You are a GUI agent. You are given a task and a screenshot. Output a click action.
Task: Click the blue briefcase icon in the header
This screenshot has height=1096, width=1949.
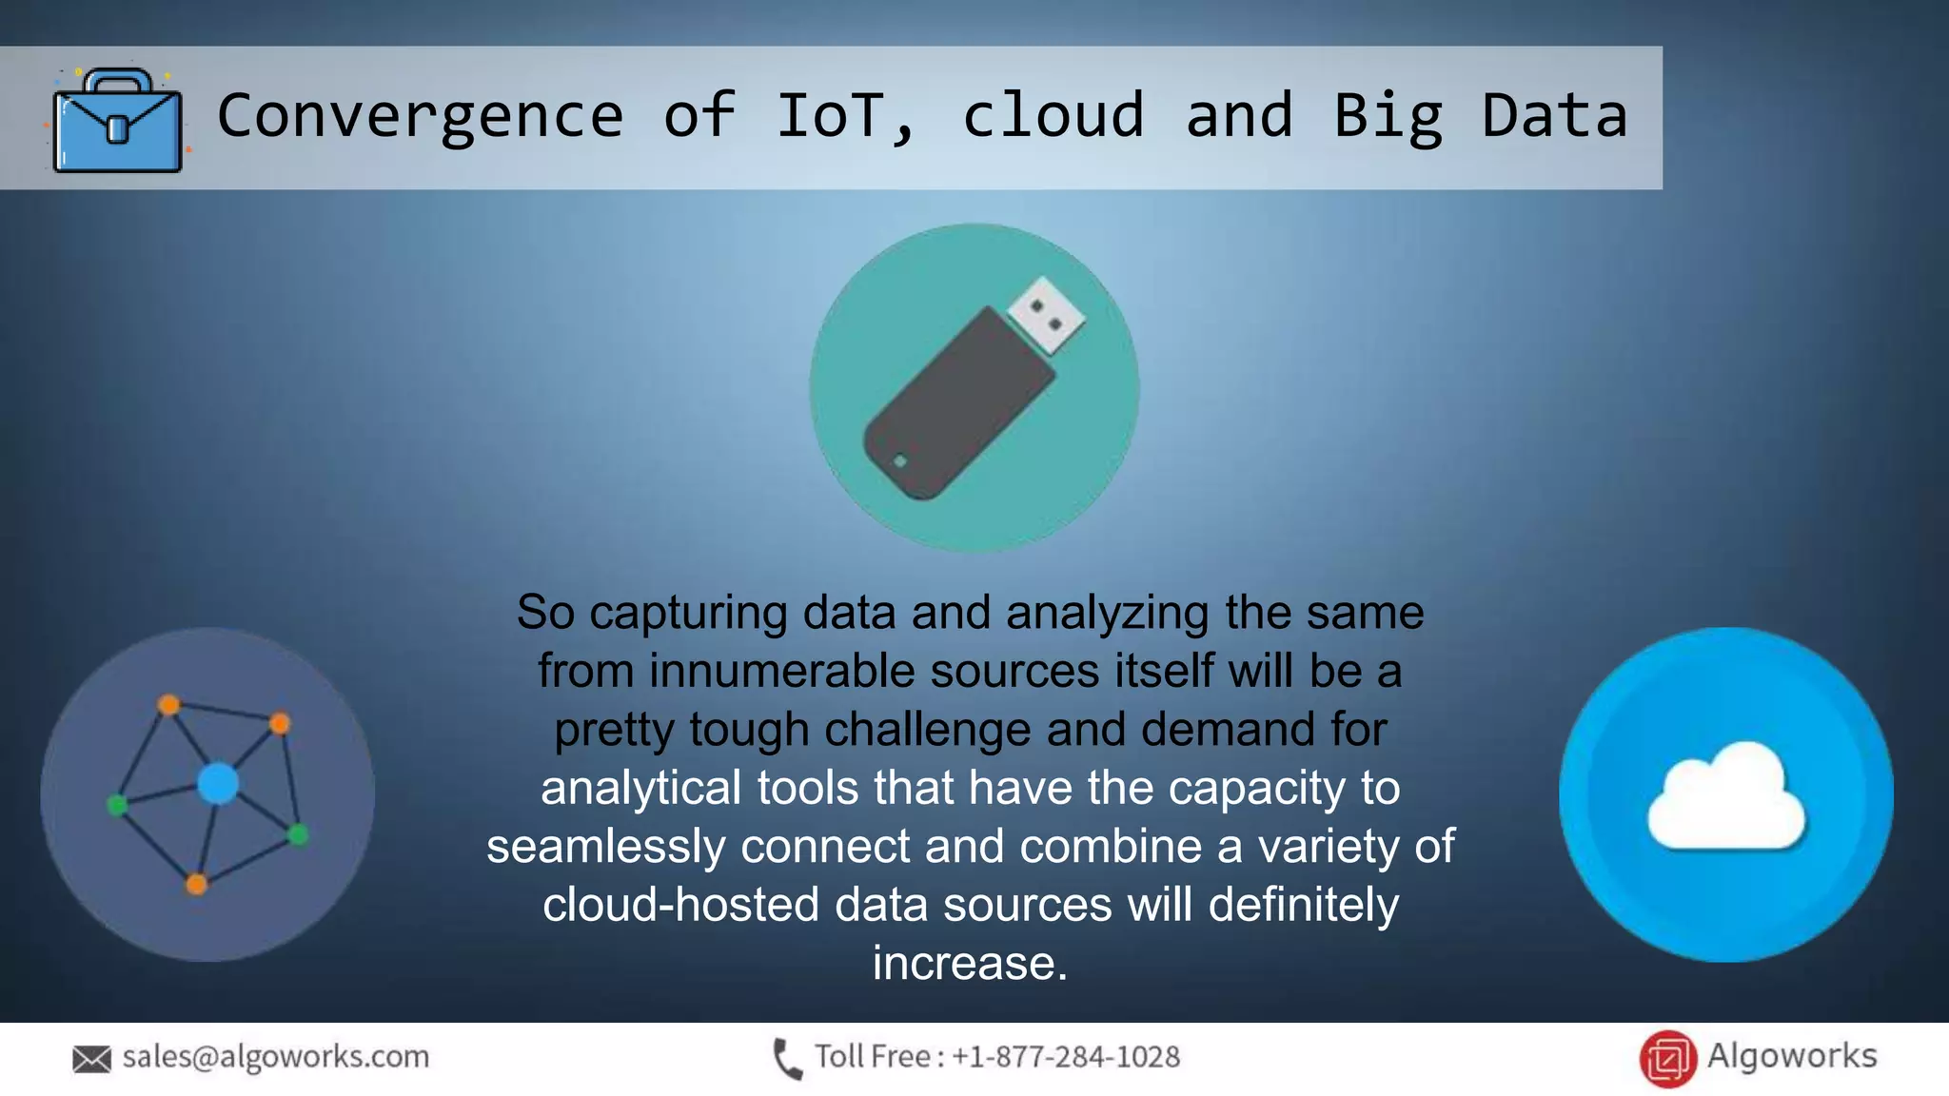[117, 121]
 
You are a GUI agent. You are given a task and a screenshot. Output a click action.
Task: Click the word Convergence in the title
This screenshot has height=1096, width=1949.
[420, 116]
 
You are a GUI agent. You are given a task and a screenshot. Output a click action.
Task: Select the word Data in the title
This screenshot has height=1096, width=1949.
[1554, 116]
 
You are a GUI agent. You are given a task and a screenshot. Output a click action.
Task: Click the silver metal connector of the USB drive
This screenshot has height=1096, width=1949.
[1046, 314]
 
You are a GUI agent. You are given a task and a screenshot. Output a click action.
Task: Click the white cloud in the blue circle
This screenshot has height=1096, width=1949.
[1724, 797]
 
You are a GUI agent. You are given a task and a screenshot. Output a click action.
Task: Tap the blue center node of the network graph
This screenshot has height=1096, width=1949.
[218, 784]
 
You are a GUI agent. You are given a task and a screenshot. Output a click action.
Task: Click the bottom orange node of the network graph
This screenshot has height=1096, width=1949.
[196, 885]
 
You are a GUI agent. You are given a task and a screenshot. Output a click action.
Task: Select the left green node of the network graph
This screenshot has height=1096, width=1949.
[117, 806]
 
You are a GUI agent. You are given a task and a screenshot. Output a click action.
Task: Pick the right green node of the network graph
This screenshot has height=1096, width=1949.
[298, 834]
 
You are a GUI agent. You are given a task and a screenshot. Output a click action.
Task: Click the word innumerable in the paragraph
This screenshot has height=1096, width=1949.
[780, 671]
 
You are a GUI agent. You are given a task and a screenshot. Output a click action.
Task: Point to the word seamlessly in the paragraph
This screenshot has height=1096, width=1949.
[606, 846]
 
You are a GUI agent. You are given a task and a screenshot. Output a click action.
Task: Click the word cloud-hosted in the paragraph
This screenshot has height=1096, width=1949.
[680, 904]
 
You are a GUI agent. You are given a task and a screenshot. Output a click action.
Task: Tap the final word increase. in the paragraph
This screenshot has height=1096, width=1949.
[970, 963]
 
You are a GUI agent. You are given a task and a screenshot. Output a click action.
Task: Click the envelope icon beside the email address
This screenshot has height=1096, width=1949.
[91, 1058]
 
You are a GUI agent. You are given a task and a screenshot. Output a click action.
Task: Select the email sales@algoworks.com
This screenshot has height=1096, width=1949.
[276, 1056]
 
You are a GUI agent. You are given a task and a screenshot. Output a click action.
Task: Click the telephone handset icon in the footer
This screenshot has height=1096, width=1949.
[787, 1058]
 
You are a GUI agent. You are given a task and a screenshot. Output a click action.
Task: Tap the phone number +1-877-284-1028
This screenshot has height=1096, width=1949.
[1065, 1056]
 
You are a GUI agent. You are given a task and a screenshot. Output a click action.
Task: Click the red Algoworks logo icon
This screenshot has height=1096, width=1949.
[1667, 1058]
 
